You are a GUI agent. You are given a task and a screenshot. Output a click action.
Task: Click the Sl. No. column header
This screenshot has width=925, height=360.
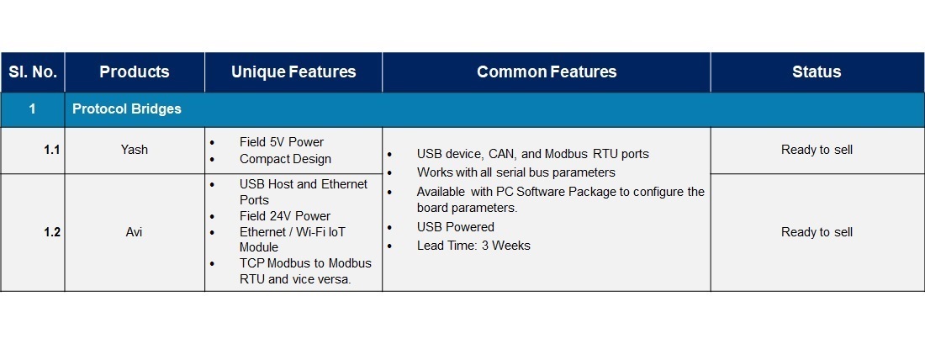click(33, 72)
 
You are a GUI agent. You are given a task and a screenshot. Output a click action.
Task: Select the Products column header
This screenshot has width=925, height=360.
click(135, 72)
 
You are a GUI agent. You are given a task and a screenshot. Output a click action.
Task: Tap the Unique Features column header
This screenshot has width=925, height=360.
click(293, 72)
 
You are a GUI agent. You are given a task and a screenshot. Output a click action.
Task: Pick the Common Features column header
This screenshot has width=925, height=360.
click(547, 72)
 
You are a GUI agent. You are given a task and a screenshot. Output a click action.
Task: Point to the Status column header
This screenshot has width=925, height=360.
click(817, 72)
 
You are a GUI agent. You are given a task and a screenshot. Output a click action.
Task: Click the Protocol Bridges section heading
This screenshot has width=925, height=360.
click(127, 109)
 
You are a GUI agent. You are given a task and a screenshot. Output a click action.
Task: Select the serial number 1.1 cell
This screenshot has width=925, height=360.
click(52, 150)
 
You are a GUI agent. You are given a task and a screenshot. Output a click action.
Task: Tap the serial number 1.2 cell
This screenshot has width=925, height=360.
click(52, 232)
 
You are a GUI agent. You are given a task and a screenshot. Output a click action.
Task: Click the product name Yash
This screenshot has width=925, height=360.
click(135, 150)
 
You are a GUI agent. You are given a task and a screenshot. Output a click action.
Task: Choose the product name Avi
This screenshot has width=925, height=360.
click(135, 232)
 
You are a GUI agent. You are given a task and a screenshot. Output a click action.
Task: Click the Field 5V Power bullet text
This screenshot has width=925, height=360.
click(282, 142)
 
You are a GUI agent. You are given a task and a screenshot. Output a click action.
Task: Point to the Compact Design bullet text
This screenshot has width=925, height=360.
click(286, 159)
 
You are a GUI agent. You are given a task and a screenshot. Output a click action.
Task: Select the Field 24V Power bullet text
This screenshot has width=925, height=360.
click(285, 216)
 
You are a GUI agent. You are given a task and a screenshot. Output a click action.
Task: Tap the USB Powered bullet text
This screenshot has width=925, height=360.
click(456, 227)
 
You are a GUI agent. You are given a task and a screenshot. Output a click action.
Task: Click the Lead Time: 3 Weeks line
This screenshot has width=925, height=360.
click(473, 246)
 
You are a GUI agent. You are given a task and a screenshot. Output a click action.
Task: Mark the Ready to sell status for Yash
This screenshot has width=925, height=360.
click(817, 150)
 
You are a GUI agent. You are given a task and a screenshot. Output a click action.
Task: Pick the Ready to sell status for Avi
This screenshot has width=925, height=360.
click(817, 232)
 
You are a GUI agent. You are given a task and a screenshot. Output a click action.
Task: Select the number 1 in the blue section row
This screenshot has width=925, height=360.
click(33, 109)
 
